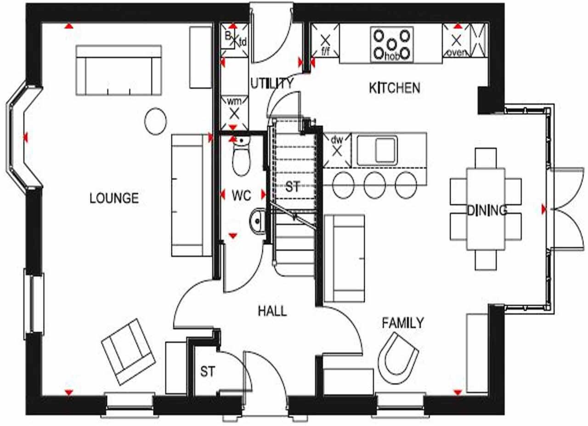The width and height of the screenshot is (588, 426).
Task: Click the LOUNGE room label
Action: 114,198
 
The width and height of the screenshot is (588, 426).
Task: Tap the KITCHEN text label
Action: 394,88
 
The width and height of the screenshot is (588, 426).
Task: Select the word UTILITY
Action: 271,83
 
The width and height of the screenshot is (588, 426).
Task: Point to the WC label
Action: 241,196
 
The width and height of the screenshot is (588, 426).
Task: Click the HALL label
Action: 272,311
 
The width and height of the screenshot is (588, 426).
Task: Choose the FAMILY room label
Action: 403,323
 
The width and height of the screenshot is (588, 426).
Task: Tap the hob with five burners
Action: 391,45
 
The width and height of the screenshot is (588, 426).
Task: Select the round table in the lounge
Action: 155,121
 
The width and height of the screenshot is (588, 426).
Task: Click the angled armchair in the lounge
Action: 128,351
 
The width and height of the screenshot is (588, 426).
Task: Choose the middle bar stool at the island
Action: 374,185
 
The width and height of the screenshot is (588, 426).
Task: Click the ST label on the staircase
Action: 293,187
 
